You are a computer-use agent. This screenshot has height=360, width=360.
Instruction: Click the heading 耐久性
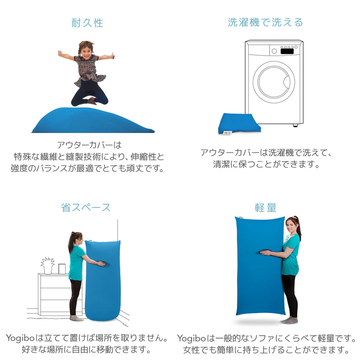click(87, 23)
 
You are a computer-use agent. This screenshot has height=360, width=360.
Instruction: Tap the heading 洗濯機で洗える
click(266, 22)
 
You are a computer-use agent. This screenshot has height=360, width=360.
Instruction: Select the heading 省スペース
click(86, 207)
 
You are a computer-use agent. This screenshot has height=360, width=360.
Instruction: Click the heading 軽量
click(266, 207)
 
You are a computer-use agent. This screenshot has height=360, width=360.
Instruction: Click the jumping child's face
click(86, 49)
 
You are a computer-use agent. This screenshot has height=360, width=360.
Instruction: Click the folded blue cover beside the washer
click(236, 123)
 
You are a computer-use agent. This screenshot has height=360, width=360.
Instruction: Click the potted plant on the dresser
click(48, 265)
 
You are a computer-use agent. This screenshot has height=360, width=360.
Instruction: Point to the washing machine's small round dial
click(274, 51)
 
